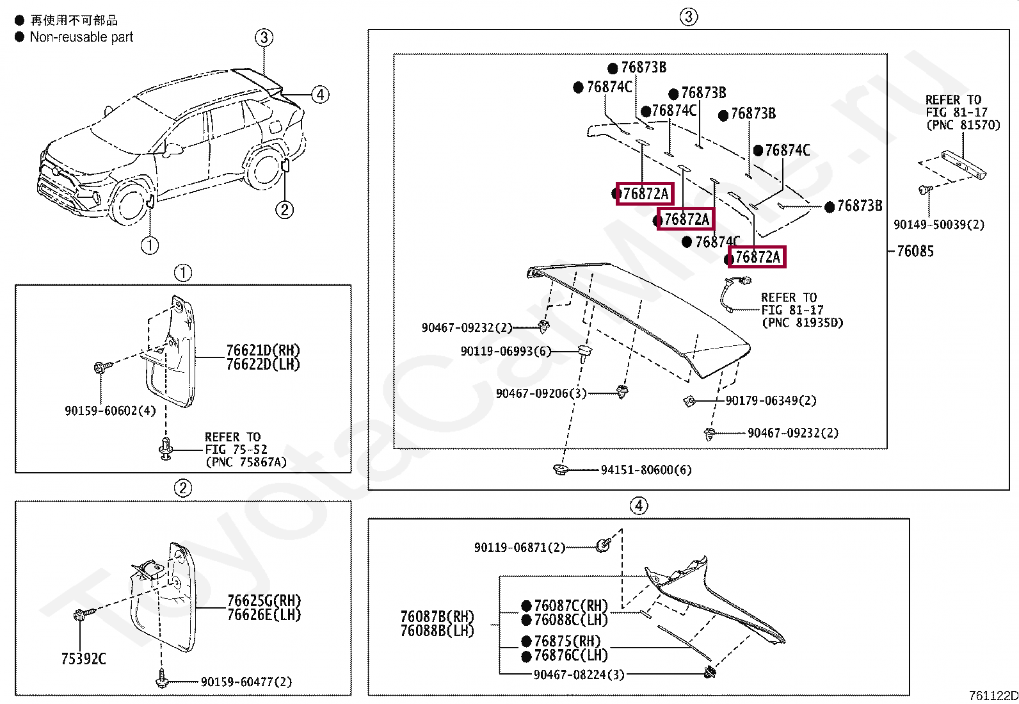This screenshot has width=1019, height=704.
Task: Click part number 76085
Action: [915, 251]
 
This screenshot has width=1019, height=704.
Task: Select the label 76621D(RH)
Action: [263, 350]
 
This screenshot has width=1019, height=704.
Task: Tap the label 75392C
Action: [83, 659]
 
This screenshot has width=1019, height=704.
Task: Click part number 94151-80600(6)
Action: [646, 470]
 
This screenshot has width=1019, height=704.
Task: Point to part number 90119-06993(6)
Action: [506, 351]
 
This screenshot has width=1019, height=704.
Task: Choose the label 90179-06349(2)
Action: [771, 400]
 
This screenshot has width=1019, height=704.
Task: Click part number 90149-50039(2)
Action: [939, 224]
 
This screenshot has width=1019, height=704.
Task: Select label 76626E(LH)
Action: [264, 615]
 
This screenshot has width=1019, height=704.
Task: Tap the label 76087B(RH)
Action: [437, 616]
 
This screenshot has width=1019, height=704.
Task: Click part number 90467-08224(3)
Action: [579, 675]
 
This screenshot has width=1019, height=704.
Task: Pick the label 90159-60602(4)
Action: [110, 411]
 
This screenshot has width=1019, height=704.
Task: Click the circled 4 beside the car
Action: [320, 95]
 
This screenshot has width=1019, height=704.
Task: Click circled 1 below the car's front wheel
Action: [150, 245]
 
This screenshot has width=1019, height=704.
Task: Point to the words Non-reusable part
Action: [81, 37]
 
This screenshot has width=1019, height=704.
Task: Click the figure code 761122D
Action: [993, 696]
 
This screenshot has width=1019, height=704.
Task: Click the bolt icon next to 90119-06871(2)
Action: [603, 545]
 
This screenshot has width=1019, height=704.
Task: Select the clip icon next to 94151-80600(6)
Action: [561, 470]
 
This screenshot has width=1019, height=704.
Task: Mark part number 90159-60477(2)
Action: [246, 682]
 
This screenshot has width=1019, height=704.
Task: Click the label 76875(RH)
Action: [567, 641]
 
